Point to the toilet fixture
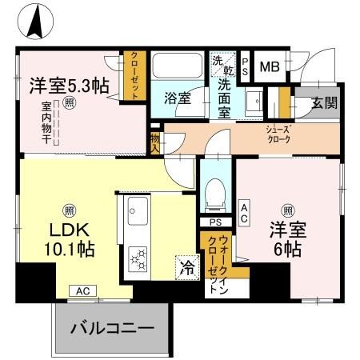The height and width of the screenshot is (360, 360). click(x=214, y=192)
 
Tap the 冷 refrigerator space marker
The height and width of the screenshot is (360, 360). click(x=186, y=265)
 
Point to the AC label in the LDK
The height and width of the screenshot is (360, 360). click(x=82, y=291)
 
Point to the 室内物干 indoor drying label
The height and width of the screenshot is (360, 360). click(x=47, y=120)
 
